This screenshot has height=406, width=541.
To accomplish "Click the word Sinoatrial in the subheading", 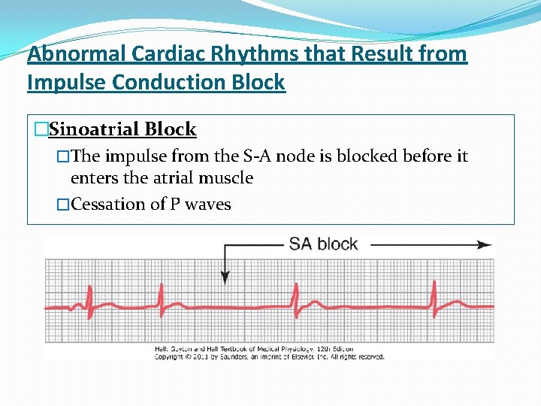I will coord(94,129).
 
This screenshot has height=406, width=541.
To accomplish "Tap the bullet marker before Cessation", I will coord(63,204).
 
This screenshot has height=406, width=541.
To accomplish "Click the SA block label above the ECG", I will coord(323,244).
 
